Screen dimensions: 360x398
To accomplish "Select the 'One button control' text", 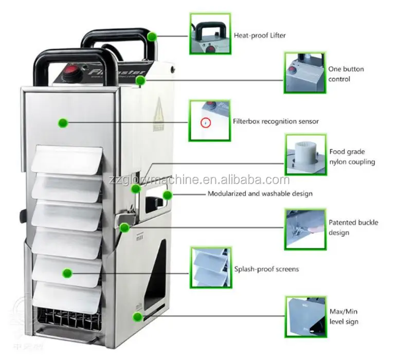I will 346,74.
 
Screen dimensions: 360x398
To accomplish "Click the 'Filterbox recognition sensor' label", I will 276,121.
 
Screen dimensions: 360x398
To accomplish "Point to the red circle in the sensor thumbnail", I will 205,123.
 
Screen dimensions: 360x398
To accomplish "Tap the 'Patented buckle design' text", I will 353,227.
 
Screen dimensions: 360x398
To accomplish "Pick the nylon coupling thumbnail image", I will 305,154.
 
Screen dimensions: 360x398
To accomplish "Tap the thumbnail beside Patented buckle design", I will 305,228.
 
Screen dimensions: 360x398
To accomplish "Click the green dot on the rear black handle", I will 152,36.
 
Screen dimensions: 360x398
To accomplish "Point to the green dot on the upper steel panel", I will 63,122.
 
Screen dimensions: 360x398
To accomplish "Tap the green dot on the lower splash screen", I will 66,272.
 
